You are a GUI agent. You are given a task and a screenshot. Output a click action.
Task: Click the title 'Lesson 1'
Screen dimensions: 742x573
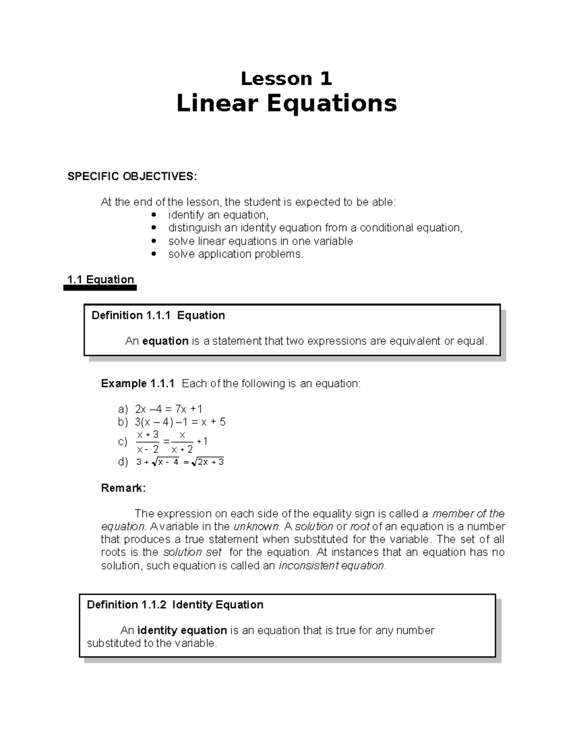point(286,78)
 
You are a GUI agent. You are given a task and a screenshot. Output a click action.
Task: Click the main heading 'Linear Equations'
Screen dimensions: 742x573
point(286,103)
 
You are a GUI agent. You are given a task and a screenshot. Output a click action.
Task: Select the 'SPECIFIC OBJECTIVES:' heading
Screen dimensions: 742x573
point(132,176)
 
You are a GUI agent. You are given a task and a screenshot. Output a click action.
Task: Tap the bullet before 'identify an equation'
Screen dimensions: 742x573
point(153,215)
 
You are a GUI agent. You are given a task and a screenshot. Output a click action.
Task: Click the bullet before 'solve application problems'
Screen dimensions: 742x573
point(153,254)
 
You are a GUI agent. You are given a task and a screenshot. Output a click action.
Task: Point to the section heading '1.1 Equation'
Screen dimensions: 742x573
point(101,280)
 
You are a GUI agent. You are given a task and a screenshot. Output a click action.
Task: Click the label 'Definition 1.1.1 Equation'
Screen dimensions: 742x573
point(158,315)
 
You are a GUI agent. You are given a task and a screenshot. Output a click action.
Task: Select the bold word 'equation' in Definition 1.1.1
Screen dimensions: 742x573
point(165,341)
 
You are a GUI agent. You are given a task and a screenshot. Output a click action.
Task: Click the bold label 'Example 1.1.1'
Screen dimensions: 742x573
point(138,384)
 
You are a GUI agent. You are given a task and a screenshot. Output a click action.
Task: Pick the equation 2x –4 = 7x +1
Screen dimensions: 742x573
point(169,409)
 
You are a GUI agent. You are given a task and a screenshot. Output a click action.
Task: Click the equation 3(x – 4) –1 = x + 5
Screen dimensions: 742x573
point(180,422)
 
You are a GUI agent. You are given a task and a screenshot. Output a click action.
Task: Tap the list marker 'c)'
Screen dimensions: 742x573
point(123,442)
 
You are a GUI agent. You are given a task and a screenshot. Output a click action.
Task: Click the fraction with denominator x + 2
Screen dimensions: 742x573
point(182,442)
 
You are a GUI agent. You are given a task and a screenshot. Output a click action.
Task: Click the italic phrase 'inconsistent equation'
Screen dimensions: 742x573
point(331,566)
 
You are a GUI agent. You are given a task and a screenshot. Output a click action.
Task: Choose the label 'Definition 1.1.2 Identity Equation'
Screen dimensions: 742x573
point(175,605)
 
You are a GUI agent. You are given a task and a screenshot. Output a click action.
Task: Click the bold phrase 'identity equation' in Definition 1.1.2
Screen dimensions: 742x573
point(182,631)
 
